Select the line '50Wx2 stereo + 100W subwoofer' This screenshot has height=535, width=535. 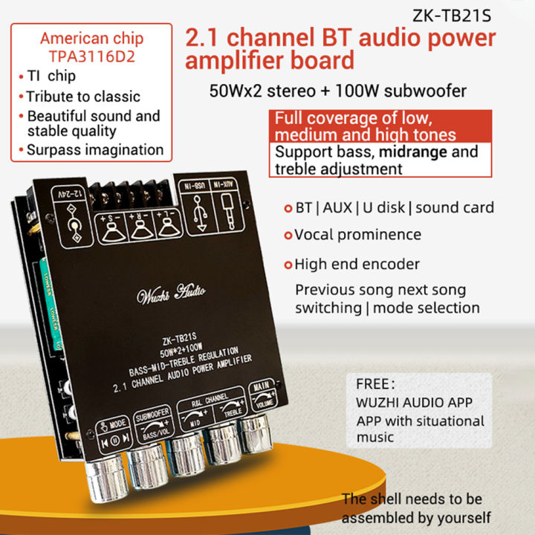point(338,91)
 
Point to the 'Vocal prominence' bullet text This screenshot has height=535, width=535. point(357,235)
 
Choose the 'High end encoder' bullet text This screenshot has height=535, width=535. point(357,264)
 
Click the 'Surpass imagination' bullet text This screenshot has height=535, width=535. point(94,149)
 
